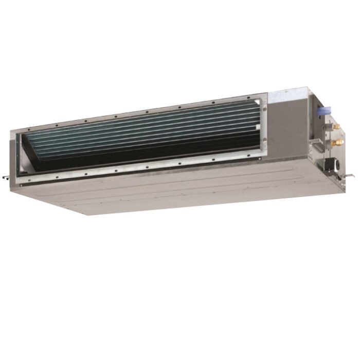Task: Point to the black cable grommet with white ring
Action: click(329, 166)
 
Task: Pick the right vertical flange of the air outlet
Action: click(263, 129)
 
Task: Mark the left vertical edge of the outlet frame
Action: click(14, 154)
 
